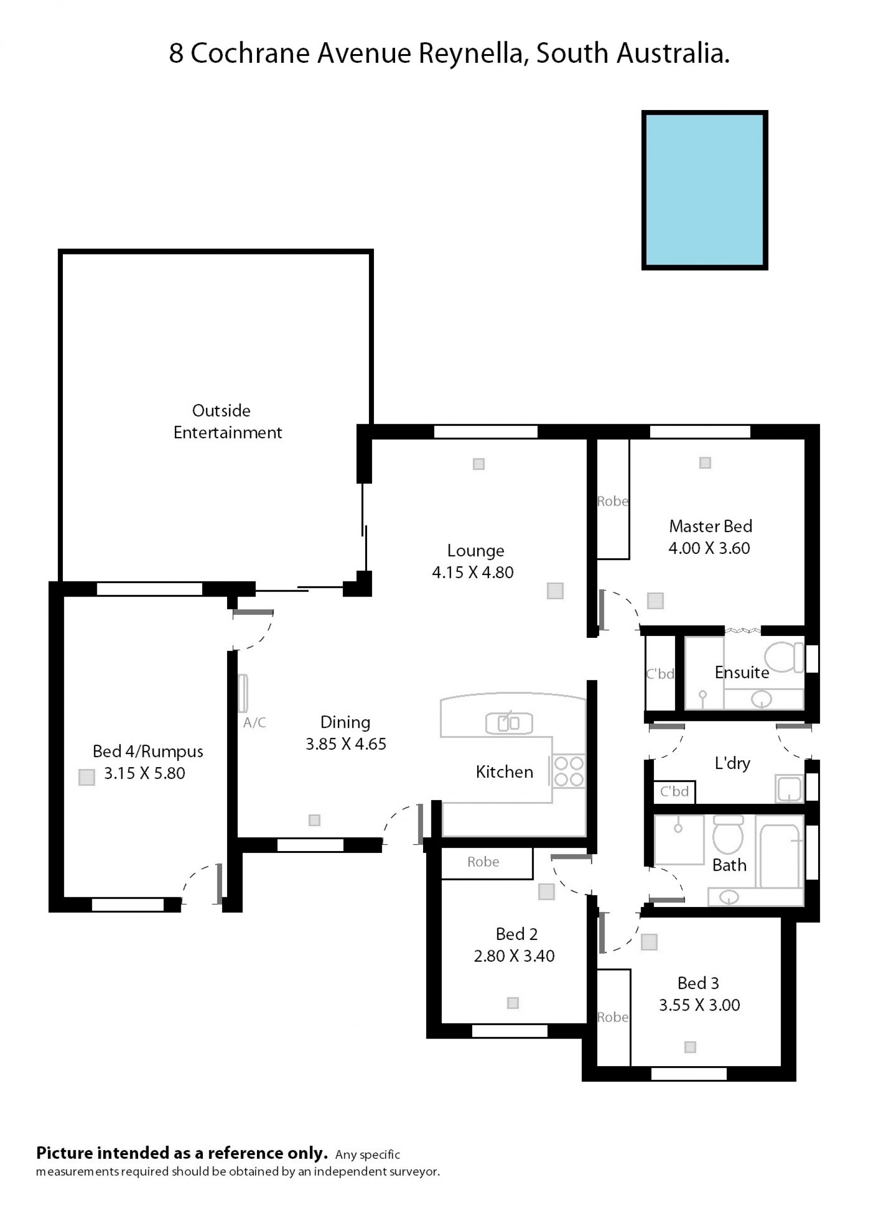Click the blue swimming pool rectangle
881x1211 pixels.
click(x=705, y=190)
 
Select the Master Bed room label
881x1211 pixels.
click(x=711, y=526)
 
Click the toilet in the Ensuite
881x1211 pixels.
click(x=784, y=657)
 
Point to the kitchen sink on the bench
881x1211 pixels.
click(x=509, y=724)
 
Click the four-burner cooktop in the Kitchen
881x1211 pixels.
click(x=569, y=772)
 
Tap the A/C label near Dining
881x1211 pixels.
click(x=255, y=723)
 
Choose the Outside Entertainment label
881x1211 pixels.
click(x=228, y=421)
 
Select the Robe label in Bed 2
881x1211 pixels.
click(x=483, y=861)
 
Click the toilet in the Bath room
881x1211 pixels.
click(x=728, y=835)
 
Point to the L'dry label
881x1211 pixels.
click(x=732, y=763)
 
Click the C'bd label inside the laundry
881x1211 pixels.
click(x=674, y=791)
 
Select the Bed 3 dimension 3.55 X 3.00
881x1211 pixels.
click(x=699, y=1005)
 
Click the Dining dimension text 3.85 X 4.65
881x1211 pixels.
click(x=346, y=744)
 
